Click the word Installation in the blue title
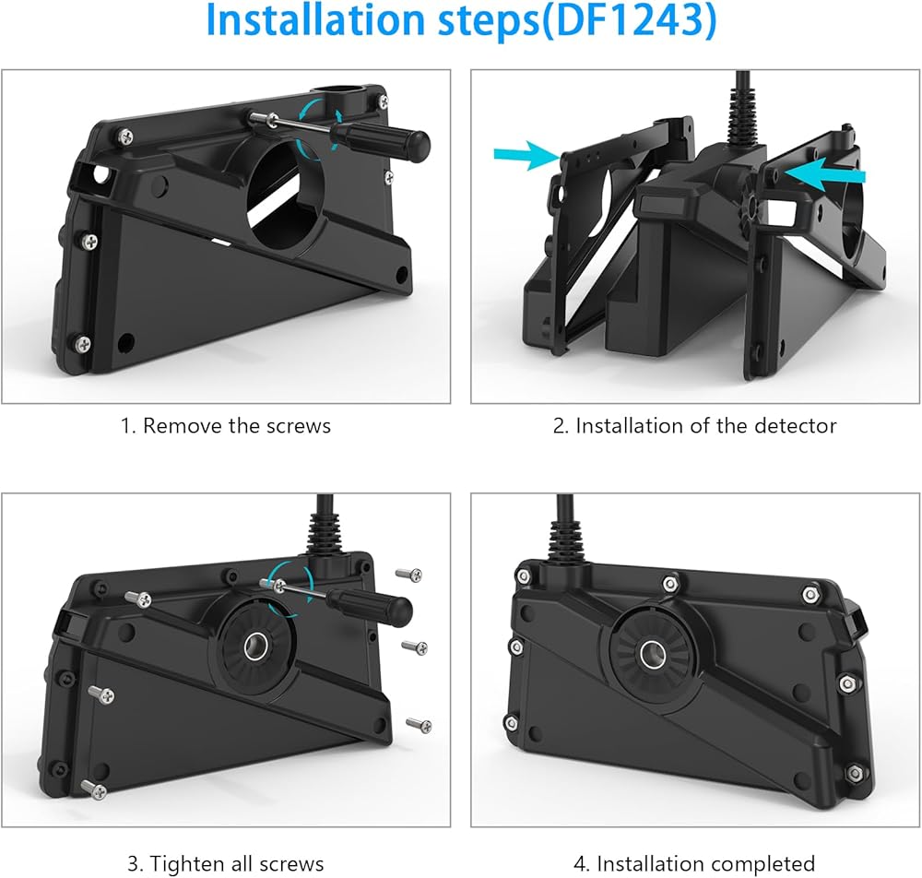[x=315, y=20]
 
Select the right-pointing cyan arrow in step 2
[x=526, y=155]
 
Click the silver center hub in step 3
[x=255, y=647]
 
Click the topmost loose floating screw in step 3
[x=409, y=574]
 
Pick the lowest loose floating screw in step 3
[x=420, y=725]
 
